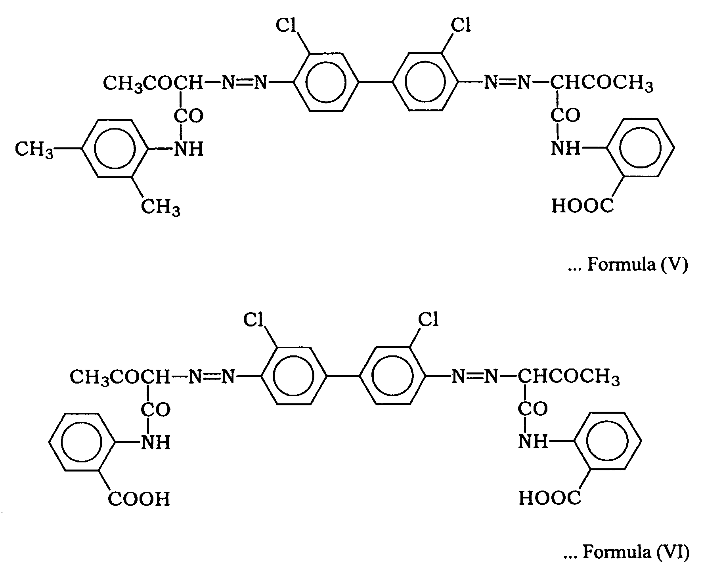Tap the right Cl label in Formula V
tap(461, 25)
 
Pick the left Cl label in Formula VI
tap(254, 319)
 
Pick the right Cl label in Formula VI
tap(428, 319)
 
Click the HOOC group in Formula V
tap(583, 206)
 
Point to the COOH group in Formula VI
tap(139, 499)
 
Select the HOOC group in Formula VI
tap(550, 498)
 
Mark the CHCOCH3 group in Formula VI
tap(569, 377)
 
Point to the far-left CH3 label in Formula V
tap(34, 150)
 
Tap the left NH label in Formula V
tap(189, 149)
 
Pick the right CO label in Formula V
tap(566, 115)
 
